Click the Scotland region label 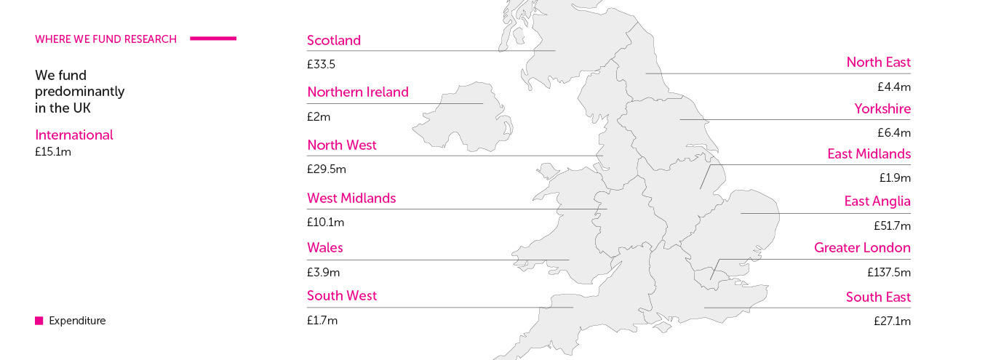[x=334, y=41]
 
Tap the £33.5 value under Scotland [x=321, y=65]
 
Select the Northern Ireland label [x=358, y=92]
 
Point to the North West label [x=342, y=145]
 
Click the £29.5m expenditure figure [x=327, y=169]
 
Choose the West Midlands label [x=351, y=199]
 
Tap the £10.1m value [x=325, y=223]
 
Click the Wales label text [x=325, y=248]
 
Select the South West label [x=342, y=296]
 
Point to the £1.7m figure [x=322, y=320]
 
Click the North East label [x=878, y=63]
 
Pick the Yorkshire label [x=882, y=109]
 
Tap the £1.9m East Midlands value [x=895, y=178]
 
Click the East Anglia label [x=877, y=201]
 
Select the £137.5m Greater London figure [x=889, y=273]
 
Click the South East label [x=878, y=297]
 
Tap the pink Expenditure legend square [x=39, y=321]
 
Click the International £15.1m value [x=53, y=152]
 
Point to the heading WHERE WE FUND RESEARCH [x=105, y=39]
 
